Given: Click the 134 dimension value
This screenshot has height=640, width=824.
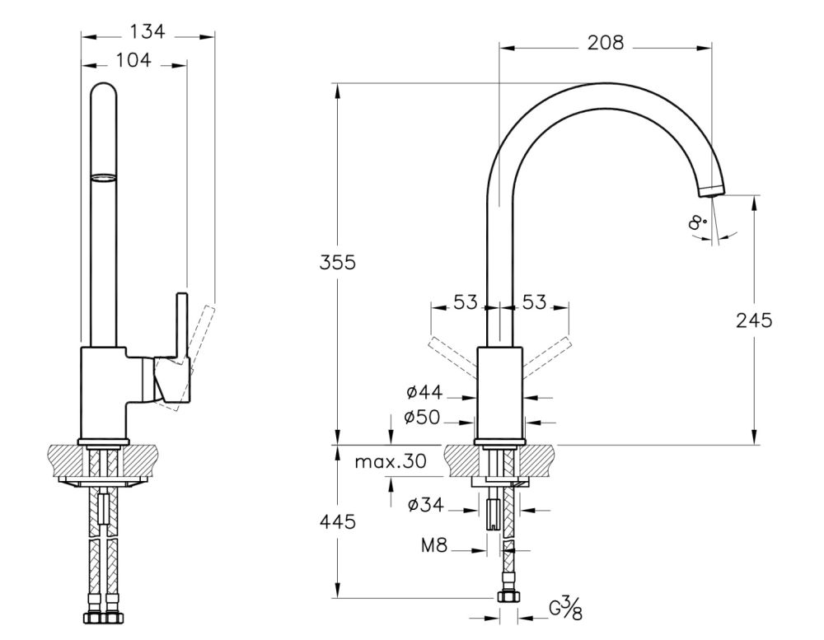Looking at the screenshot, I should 148,32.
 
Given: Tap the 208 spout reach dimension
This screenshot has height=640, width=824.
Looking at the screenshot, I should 605,43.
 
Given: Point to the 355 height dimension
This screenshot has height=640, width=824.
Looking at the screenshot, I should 338,263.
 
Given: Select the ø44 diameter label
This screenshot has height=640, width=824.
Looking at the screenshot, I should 423,395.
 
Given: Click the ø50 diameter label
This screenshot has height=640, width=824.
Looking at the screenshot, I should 423,418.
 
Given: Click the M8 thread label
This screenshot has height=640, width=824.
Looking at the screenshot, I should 436,544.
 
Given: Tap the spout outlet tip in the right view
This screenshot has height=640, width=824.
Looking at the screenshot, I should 711,190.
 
